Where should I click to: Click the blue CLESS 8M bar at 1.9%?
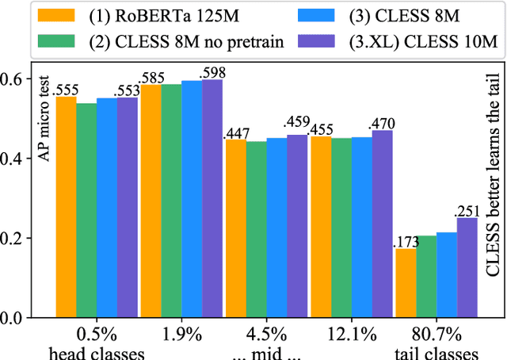[191, 199]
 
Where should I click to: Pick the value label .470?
[381, 123]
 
